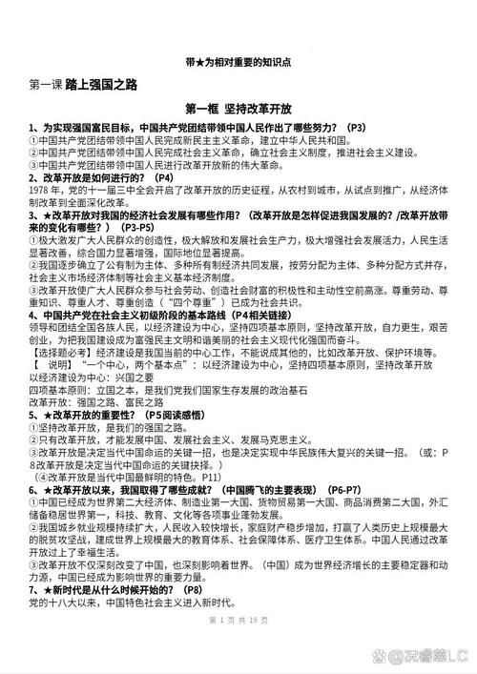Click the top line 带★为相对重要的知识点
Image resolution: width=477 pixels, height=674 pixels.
coord(238,61)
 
